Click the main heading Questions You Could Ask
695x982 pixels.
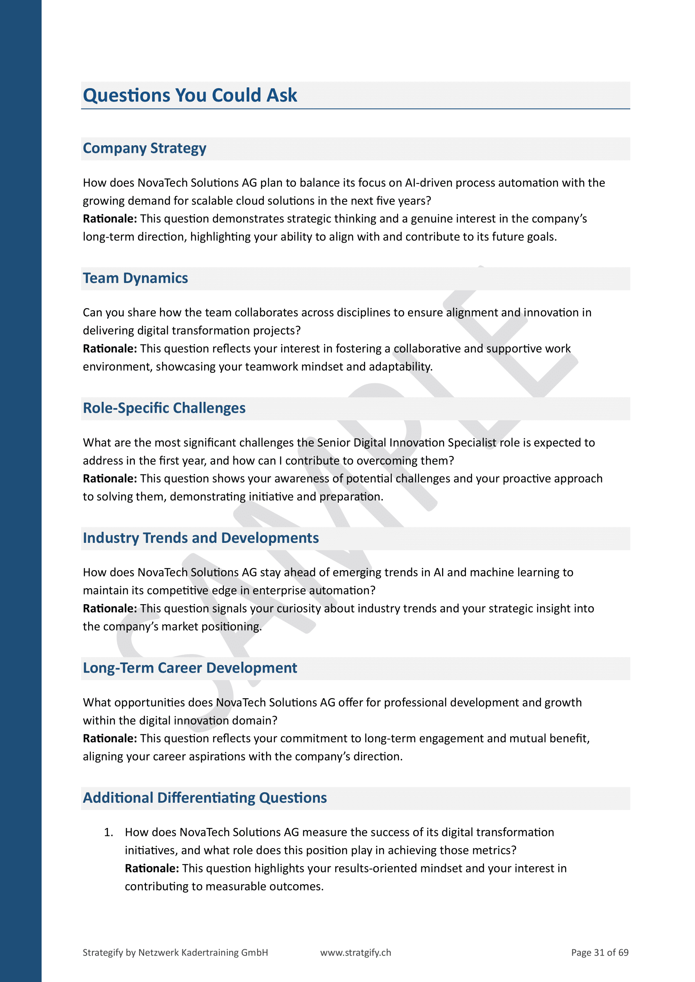click(190, 95)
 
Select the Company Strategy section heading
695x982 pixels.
click(144, 148)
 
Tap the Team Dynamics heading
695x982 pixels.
click(135, 278)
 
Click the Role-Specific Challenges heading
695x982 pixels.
click(164, 409)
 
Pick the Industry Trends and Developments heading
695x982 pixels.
click(201, 538)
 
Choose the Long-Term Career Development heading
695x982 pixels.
click(190, 668)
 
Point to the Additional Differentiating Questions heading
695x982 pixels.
click(205, 798)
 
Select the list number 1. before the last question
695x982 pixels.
click(109, 832)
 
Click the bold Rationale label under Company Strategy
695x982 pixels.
click(110, 219)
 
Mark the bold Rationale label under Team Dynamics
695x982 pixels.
click(110, 349)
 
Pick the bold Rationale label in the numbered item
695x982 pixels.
click(152, 868)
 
